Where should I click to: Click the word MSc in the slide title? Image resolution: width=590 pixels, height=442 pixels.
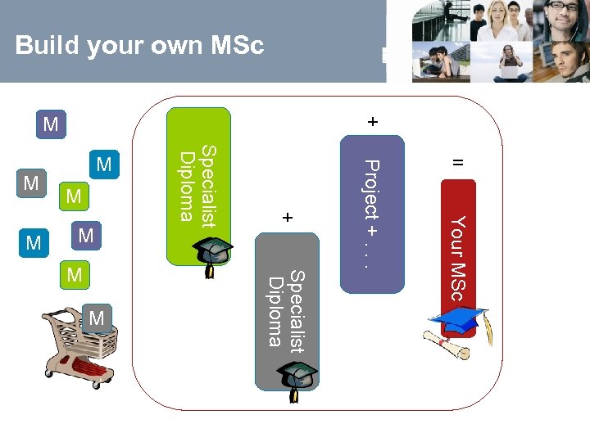click(x=237, y=46)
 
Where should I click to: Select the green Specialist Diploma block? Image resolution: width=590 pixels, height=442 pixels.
click(x=198, y=184)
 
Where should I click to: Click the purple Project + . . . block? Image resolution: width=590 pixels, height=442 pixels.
click(x=372, y=213)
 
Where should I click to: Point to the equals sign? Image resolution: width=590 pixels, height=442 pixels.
click(x=459, y=163)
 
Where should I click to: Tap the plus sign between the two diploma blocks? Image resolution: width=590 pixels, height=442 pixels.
click(x=287, y=219)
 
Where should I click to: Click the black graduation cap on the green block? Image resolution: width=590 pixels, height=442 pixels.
click(x=216, y=253)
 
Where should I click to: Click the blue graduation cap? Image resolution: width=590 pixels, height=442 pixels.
click(x=459, y=320)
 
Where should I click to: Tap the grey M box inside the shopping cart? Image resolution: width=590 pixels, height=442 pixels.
click(x=97, y=318)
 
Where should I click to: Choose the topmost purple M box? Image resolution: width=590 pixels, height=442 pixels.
click(x=51, y=124)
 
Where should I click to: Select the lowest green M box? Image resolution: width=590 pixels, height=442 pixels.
click(x=75, y=275)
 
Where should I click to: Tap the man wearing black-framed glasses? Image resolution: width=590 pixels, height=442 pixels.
click(x=562, y=16)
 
